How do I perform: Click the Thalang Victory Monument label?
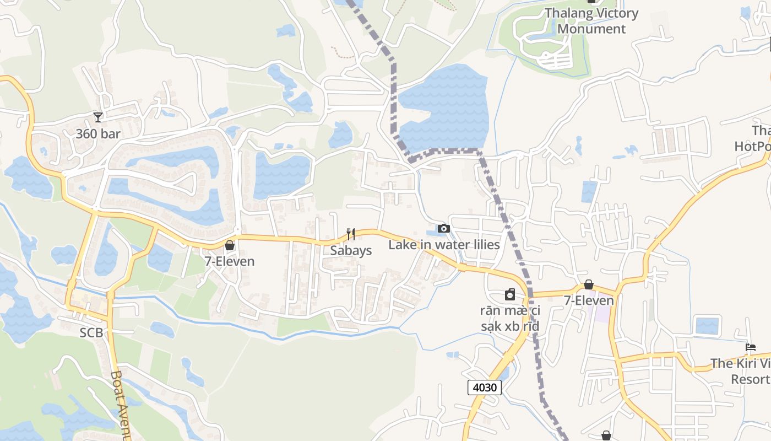click(591, 21)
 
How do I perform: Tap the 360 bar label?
click(98, 133)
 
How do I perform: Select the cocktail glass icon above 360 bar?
click(98, 117)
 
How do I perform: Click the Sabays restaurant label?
click(351, 250)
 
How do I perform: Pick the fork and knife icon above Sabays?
click(350, 234)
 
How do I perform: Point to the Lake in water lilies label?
click(444, 244)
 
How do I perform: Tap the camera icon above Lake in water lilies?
click(443, 228)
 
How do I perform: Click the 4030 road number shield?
click(485, 387)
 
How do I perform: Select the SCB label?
click(91, 332)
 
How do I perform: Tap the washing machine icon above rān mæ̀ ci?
click(510, 295)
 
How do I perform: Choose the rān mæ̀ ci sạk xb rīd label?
click(509, 318)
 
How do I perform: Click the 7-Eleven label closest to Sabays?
click(230, 261)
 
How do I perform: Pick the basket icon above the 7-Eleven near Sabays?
click(230, 245)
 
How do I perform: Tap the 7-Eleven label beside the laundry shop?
click(589, 300)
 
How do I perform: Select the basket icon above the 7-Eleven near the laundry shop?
click(589, 284)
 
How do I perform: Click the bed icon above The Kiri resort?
click(750, 347)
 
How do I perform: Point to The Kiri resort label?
click(741, 371)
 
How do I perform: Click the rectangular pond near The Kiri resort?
click(707, 326)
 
